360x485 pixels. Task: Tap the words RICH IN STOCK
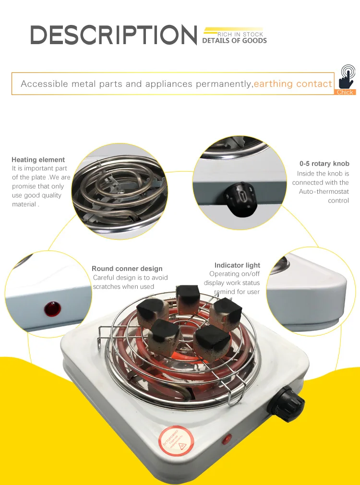[240, 35]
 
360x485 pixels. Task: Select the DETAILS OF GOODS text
[234, 41]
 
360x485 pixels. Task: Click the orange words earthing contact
[293, 84]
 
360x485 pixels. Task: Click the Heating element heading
[38, 160]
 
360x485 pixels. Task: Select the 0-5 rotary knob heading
[324, 164]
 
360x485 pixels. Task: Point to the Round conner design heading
[127, 269]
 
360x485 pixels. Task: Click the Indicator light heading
[237, 265]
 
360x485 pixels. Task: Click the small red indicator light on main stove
[227, 438]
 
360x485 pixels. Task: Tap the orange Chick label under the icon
[345, 92]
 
